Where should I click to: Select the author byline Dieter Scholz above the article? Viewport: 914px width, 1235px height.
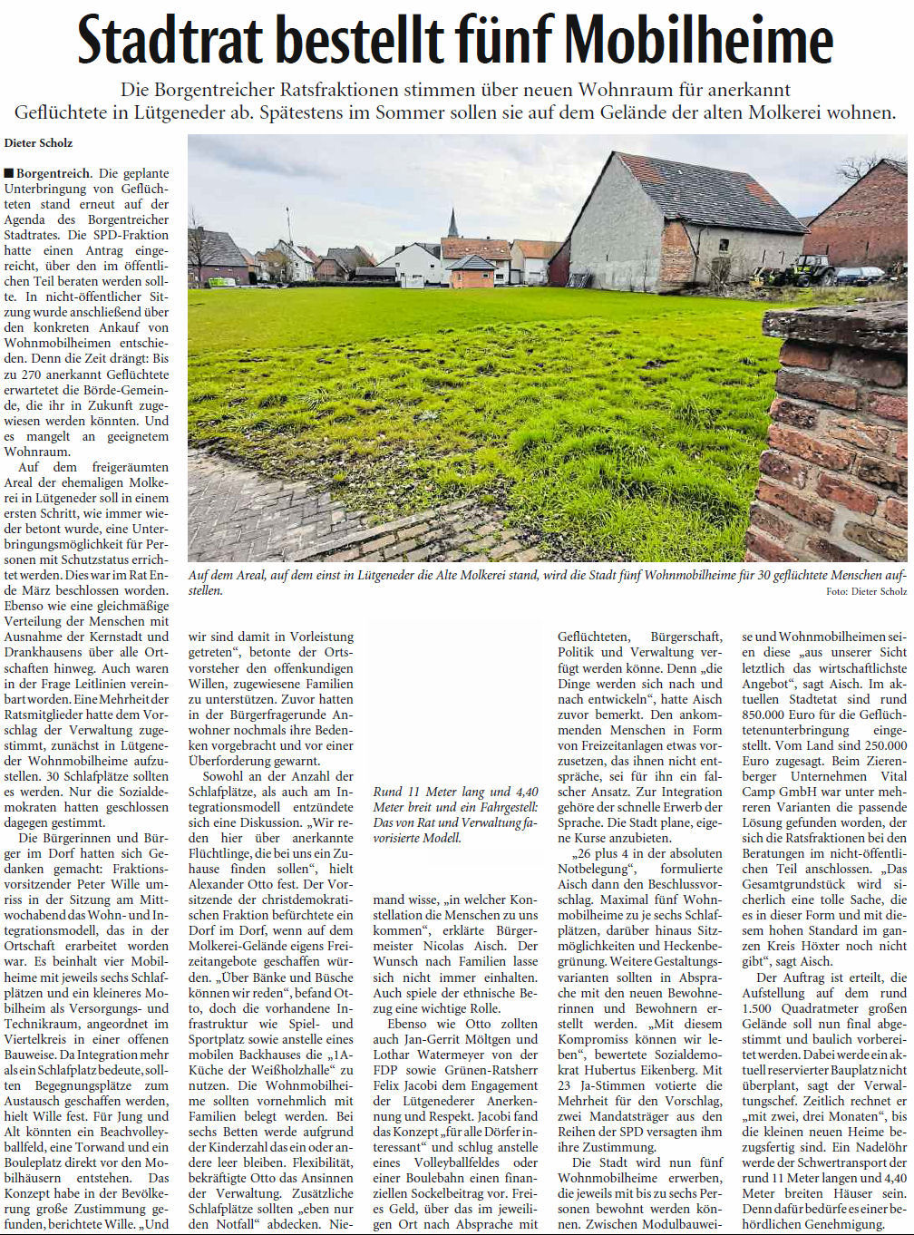tap(38, 143)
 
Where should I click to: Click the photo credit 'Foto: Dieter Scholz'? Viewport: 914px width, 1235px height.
tap(866, 592)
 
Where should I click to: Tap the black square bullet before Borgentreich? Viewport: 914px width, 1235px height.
tap(8, 173)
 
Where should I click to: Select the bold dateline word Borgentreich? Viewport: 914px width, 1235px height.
tap(53, 173)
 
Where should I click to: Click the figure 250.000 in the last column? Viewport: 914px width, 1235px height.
tap(884, 745)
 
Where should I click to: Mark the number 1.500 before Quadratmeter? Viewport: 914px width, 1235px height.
tap(760, 1008)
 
